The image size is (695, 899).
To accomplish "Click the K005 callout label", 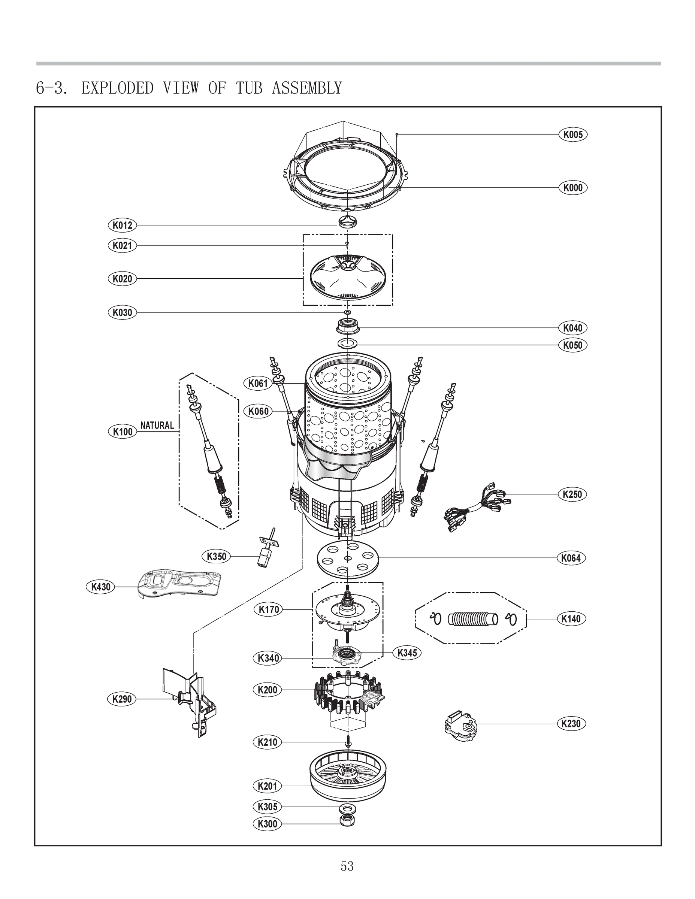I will (573, 134).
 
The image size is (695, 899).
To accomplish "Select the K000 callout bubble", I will (573, 188).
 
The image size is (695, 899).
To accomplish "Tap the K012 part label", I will (122, 225).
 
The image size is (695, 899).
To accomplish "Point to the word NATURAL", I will (157, 425).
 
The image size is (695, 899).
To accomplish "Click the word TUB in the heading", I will (249, 88).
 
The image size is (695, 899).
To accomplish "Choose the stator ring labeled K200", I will (348, 695).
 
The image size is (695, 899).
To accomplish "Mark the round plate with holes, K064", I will (348, 559).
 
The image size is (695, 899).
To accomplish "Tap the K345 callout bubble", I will (407, 653).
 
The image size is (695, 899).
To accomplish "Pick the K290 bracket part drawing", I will (193, 700).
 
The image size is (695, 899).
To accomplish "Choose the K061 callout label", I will (258, 383).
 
